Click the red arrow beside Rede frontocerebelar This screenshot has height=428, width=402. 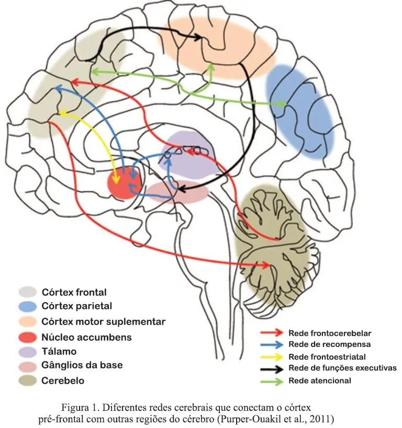point(273,333)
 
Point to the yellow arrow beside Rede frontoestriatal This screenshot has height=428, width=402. point(273,357)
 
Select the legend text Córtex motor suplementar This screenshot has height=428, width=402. point(103,321)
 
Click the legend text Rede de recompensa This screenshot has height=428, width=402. point(329,345)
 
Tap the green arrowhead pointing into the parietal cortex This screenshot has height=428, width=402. point(282,103)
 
